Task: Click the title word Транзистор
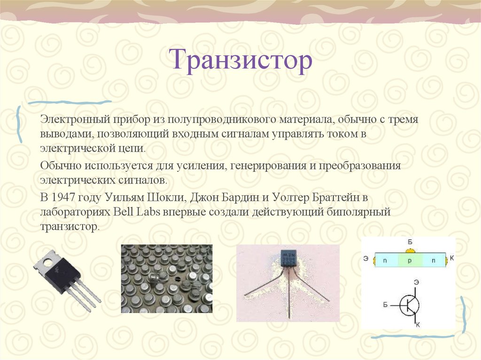coord(241,61)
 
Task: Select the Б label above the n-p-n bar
coord(410,242)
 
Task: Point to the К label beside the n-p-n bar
coord(451,258)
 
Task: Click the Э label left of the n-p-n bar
coord(366,259)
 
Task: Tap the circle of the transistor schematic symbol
coord(410,306)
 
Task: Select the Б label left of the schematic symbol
coord(385,305)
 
